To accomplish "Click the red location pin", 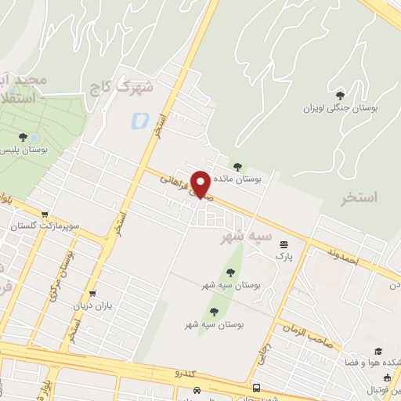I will point(200,184).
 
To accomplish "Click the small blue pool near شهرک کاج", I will point(140,121).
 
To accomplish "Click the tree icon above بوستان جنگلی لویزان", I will point(339,96).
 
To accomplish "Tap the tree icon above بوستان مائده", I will point(238,166).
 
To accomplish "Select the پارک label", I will point(283,255).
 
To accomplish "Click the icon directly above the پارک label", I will point(283,244).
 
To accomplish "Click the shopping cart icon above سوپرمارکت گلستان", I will point(46,214).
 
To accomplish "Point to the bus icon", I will point(256,388).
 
